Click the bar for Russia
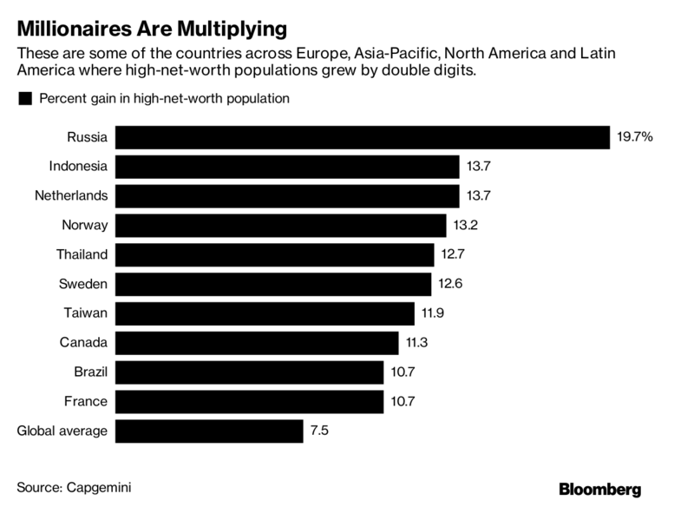click(x=363, y=137)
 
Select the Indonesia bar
click(x=286, y=167)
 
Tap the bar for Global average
click(x=209, y=431)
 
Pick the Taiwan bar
click(x=265, y=313)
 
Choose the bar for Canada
click(x=257, y=343)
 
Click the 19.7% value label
click(x=635, y=137)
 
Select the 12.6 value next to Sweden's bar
click(x=450, y=284)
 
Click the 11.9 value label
click(x=433, y=313)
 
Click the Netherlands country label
click(x=72, y=196)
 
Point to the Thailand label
click(x=82, y=254)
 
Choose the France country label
click(x=87, y=401)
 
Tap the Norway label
click(x=84, y=226)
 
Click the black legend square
click(x=23, y=99)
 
